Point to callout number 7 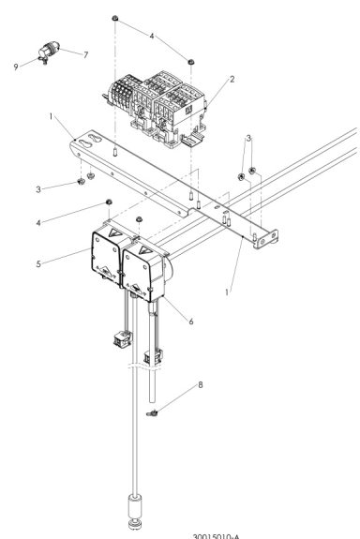point(85,53)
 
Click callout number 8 point(173,383)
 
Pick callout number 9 point(16,66)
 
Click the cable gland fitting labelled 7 point(49,52)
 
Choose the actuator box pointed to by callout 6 point(150,267)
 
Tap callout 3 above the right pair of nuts point(247,139)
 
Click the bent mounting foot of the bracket point(265,234)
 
